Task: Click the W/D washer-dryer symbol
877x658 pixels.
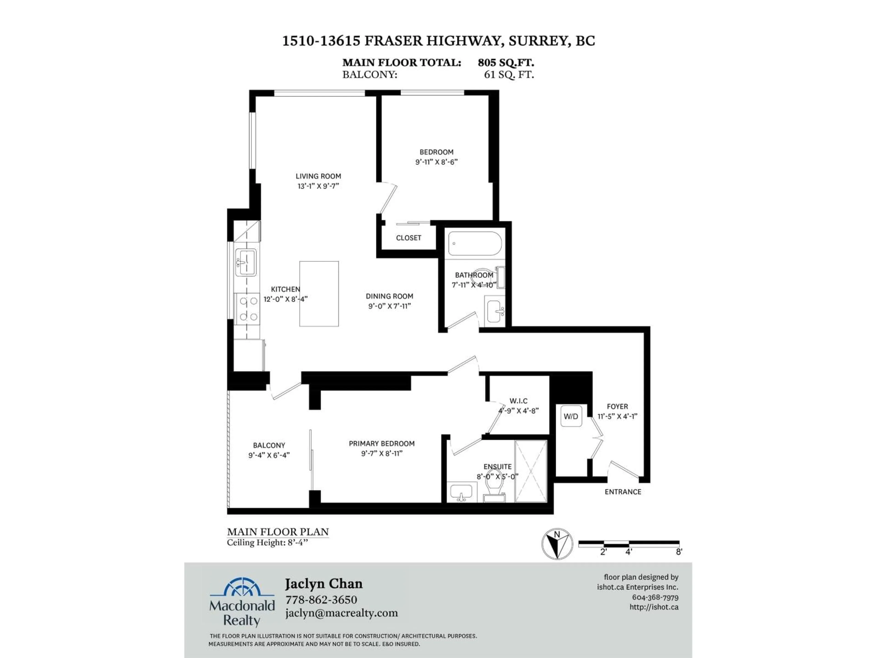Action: pyautogui.click(x=571, y=416)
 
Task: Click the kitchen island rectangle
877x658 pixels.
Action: pyautogui.click(x=319, y=294)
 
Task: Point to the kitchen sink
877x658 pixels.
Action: pyautogui.click(x=246, y=262)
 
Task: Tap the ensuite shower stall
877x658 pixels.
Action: pyautogui.click(x=531, y=471)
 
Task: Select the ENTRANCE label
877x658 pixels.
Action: pyautogui.click(x=622, y=492)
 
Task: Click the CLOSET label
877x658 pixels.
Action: pyautogui.click(x=408, y=238)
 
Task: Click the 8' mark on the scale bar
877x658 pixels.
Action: pyautogui.click(x=679, y=552)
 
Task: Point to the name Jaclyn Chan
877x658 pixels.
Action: pyautogui.click(x=324, y=584)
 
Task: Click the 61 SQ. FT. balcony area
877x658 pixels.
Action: pyautogui.click(x=509, y=74)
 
